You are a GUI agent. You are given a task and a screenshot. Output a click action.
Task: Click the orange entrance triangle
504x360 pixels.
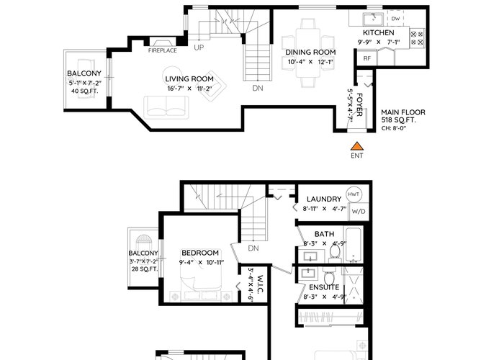(x=357, y=147)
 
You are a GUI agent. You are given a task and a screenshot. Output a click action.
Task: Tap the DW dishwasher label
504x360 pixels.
(x=395, y=19)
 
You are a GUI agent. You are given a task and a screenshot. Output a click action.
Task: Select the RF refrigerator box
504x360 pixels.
(x=366, y=58)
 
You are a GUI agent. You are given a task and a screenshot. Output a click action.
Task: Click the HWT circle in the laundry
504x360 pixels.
(x=354, y=194)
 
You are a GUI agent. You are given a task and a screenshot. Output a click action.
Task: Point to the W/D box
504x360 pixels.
(x=359, y=211)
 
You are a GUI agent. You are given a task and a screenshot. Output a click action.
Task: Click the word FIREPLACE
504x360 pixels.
(x=162, y=50)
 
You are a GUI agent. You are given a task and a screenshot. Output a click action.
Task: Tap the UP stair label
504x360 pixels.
(x=199, y=48)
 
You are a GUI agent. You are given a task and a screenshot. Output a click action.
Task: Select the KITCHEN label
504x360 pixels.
(x=378, y=33)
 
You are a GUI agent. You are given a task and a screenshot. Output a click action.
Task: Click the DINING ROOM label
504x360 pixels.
(x=310, y=52)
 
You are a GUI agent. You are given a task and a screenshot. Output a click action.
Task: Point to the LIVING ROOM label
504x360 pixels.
(x=189, y=78)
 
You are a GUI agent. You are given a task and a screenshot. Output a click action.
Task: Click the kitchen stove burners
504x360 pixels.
(x=417, y=38)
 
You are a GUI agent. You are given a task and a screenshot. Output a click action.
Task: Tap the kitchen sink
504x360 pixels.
(x=373, y=19)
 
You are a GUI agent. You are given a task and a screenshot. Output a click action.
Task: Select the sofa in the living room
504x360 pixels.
(x=166, y=107)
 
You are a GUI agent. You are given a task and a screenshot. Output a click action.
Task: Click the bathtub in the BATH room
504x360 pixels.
(x=354, y=245)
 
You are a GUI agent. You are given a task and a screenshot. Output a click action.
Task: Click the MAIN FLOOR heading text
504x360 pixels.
(x=403, y=112)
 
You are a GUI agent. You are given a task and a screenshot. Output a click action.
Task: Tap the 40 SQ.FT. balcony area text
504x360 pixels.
(x=84, y=91)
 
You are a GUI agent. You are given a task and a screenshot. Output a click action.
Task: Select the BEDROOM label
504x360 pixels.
(x=200, y=253)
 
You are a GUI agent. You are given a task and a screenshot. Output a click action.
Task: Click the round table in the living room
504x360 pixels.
(x=172, y=76)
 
